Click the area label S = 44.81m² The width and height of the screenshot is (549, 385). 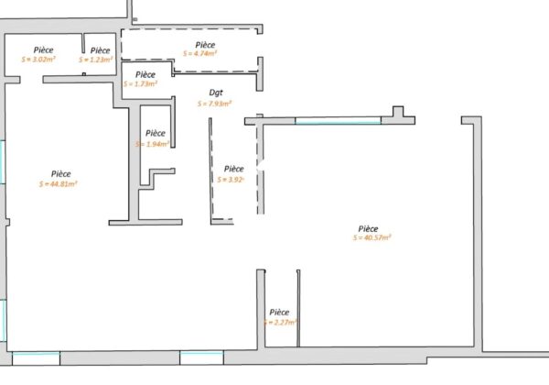(61, 183)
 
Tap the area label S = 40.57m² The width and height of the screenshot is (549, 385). (371, 238)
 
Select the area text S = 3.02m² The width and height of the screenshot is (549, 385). (42, 60)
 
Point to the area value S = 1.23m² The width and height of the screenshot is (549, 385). (96, 60)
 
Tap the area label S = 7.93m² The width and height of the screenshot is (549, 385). (214, 104)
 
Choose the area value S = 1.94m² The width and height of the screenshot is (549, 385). (152, 144)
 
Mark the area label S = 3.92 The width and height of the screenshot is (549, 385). (232, 180)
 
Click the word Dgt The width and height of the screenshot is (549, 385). (216, 93)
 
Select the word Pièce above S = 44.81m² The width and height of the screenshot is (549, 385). (61, 173)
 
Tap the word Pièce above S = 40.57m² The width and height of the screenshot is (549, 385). (369, 228)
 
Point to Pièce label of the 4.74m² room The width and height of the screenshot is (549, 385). (205, 44)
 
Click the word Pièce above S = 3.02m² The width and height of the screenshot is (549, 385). (43, 49)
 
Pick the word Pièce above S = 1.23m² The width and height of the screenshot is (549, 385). (101, 49)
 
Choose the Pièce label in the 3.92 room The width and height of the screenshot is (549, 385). (234, 169)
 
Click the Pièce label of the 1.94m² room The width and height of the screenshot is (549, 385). (156, 133)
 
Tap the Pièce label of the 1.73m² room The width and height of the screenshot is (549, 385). (145, 73)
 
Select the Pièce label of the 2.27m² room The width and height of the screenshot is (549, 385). (279, 312)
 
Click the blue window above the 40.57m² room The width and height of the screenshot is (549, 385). (338, 120)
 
